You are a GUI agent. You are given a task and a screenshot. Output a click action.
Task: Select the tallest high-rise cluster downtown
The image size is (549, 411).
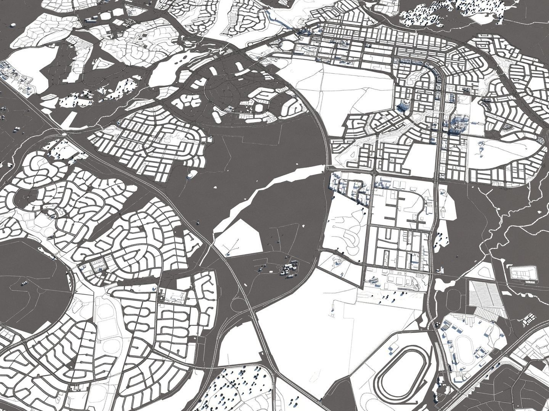point(456,124)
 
